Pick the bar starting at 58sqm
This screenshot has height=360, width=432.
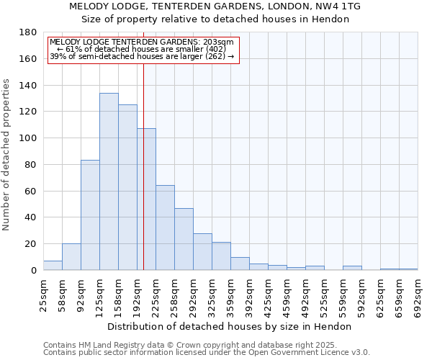[71, 256]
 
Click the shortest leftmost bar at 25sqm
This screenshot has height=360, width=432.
[53, 265]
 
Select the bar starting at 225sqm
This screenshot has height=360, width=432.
[165, 228]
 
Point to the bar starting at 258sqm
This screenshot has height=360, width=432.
[184, 239]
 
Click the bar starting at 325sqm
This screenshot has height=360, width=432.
[221, 256]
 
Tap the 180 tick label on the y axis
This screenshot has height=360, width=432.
[28, 32]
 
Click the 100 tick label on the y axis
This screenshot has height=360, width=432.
[28, 138]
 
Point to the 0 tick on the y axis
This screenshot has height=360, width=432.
[33, 271]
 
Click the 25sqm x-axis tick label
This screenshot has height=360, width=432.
[43, 295]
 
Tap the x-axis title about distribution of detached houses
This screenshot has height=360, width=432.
[230, 326]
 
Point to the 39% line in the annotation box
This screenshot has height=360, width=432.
[142, 56]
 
